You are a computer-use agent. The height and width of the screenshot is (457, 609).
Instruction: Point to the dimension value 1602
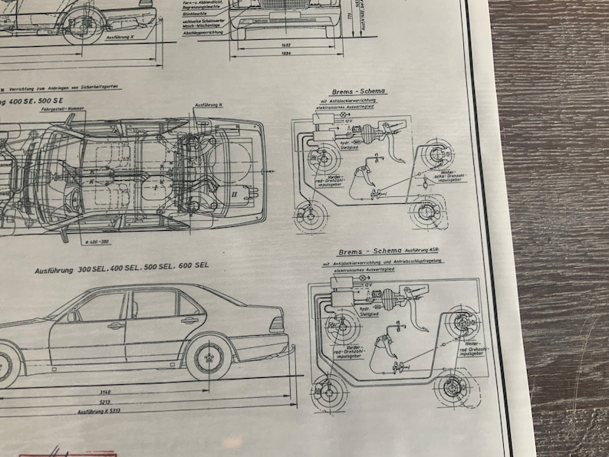(285, 44)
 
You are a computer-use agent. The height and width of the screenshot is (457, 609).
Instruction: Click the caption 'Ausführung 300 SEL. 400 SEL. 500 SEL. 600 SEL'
(121, 270)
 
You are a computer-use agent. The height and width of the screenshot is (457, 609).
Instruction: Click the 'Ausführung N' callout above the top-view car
(209, 104)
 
